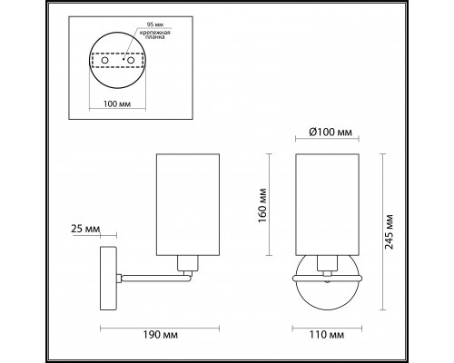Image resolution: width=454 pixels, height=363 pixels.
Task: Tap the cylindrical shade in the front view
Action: pos(328,204)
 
